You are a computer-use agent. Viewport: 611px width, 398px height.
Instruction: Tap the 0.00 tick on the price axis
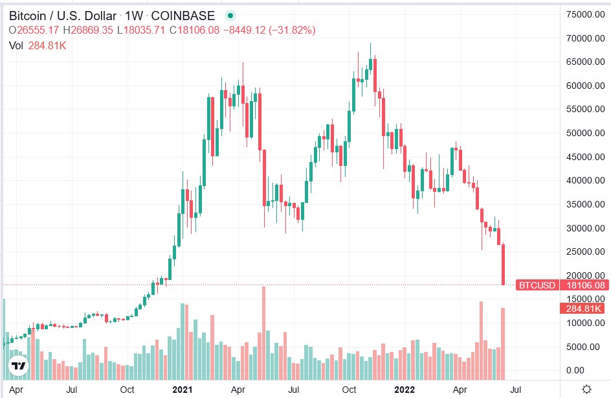click(x=575, y=370)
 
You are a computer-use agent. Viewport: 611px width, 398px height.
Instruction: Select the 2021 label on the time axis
click(x=183, y=390)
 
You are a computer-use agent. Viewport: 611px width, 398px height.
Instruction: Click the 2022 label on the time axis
click(x=405, y=390)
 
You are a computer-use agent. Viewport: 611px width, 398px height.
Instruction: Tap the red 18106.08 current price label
click(x=584, y=285)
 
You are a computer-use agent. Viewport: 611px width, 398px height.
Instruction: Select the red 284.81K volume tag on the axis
click(x=584, y=309)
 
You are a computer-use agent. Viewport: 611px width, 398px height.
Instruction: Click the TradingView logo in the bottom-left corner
click(x=19, y=366)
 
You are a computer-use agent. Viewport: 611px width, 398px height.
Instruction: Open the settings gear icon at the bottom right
click(x=586, y=389)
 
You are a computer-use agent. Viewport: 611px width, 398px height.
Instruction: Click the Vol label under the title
click(x=16, y=45)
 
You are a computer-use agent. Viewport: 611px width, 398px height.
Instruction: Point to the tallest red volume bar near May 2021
click(x=264, y=333)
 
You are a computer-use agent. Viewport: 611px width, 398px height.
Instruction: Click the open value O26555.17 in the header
click(x=34, y=30)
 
